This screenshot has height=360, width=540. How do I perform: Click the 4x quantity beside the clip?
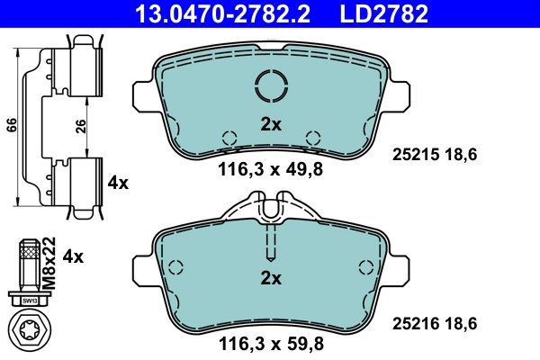(x=118, y=183)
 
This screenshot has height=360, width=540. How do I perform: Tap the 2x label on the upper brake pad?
(x=271, y=125)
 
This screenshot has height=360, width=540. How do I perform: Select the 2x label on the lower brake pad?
(x=271, y=278)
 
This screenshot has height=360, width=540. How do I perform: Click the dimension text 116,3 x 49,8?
(x=270, y=168)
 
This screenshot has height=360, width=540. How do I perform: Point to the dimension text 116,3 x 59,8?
(x=270, y=341)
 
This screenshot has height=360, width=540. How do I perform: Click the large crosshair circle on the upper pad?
(x=271, y=86)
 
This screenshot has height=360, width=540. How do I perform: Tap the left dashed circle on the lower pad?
(x=175, y=267)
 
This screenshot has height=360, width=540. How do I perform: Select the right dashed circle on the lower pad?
(x=365, y=267)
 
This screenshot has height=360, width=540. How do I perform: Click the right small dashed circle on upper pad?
(x=313, y=138)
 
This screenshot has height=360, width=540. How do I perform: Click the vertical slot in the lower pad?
(x=271, y=243)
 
